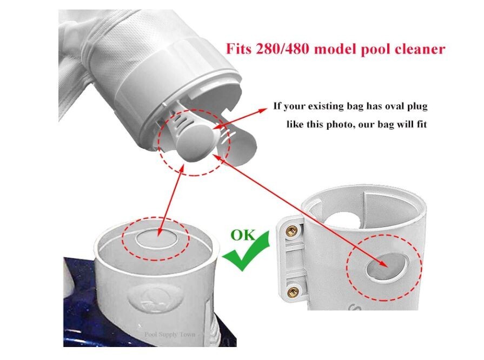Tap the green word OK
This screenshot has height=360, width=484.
[243, 235]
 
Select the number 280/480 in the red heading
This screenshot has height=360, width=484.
[282, 49]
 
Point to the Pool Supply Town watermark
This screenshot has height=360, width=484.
[170, 335]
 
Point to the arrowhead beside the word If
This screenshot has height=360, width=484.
[263, 110]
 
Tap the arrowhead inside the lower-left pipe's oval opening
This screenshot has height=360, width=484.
[160, 232]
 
